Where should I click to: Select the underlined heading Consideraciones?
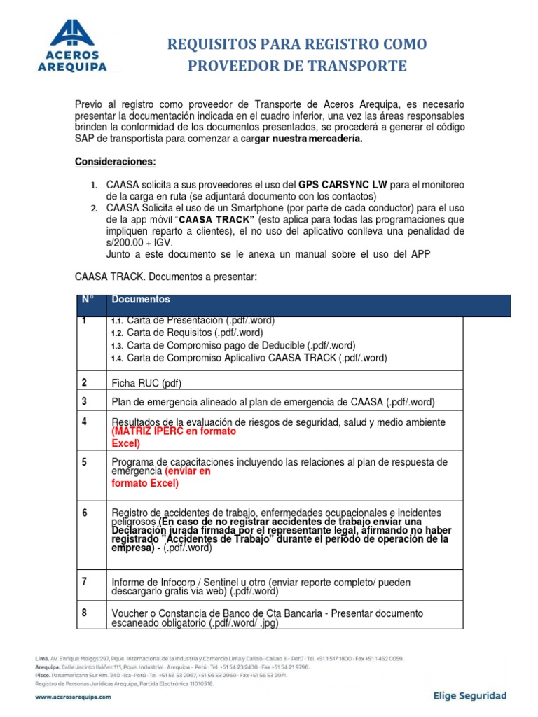116,162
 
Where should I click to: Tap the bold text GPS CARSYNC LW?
344,185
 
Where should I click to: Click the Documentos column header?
141,300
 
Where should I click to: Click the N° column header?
88,300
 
